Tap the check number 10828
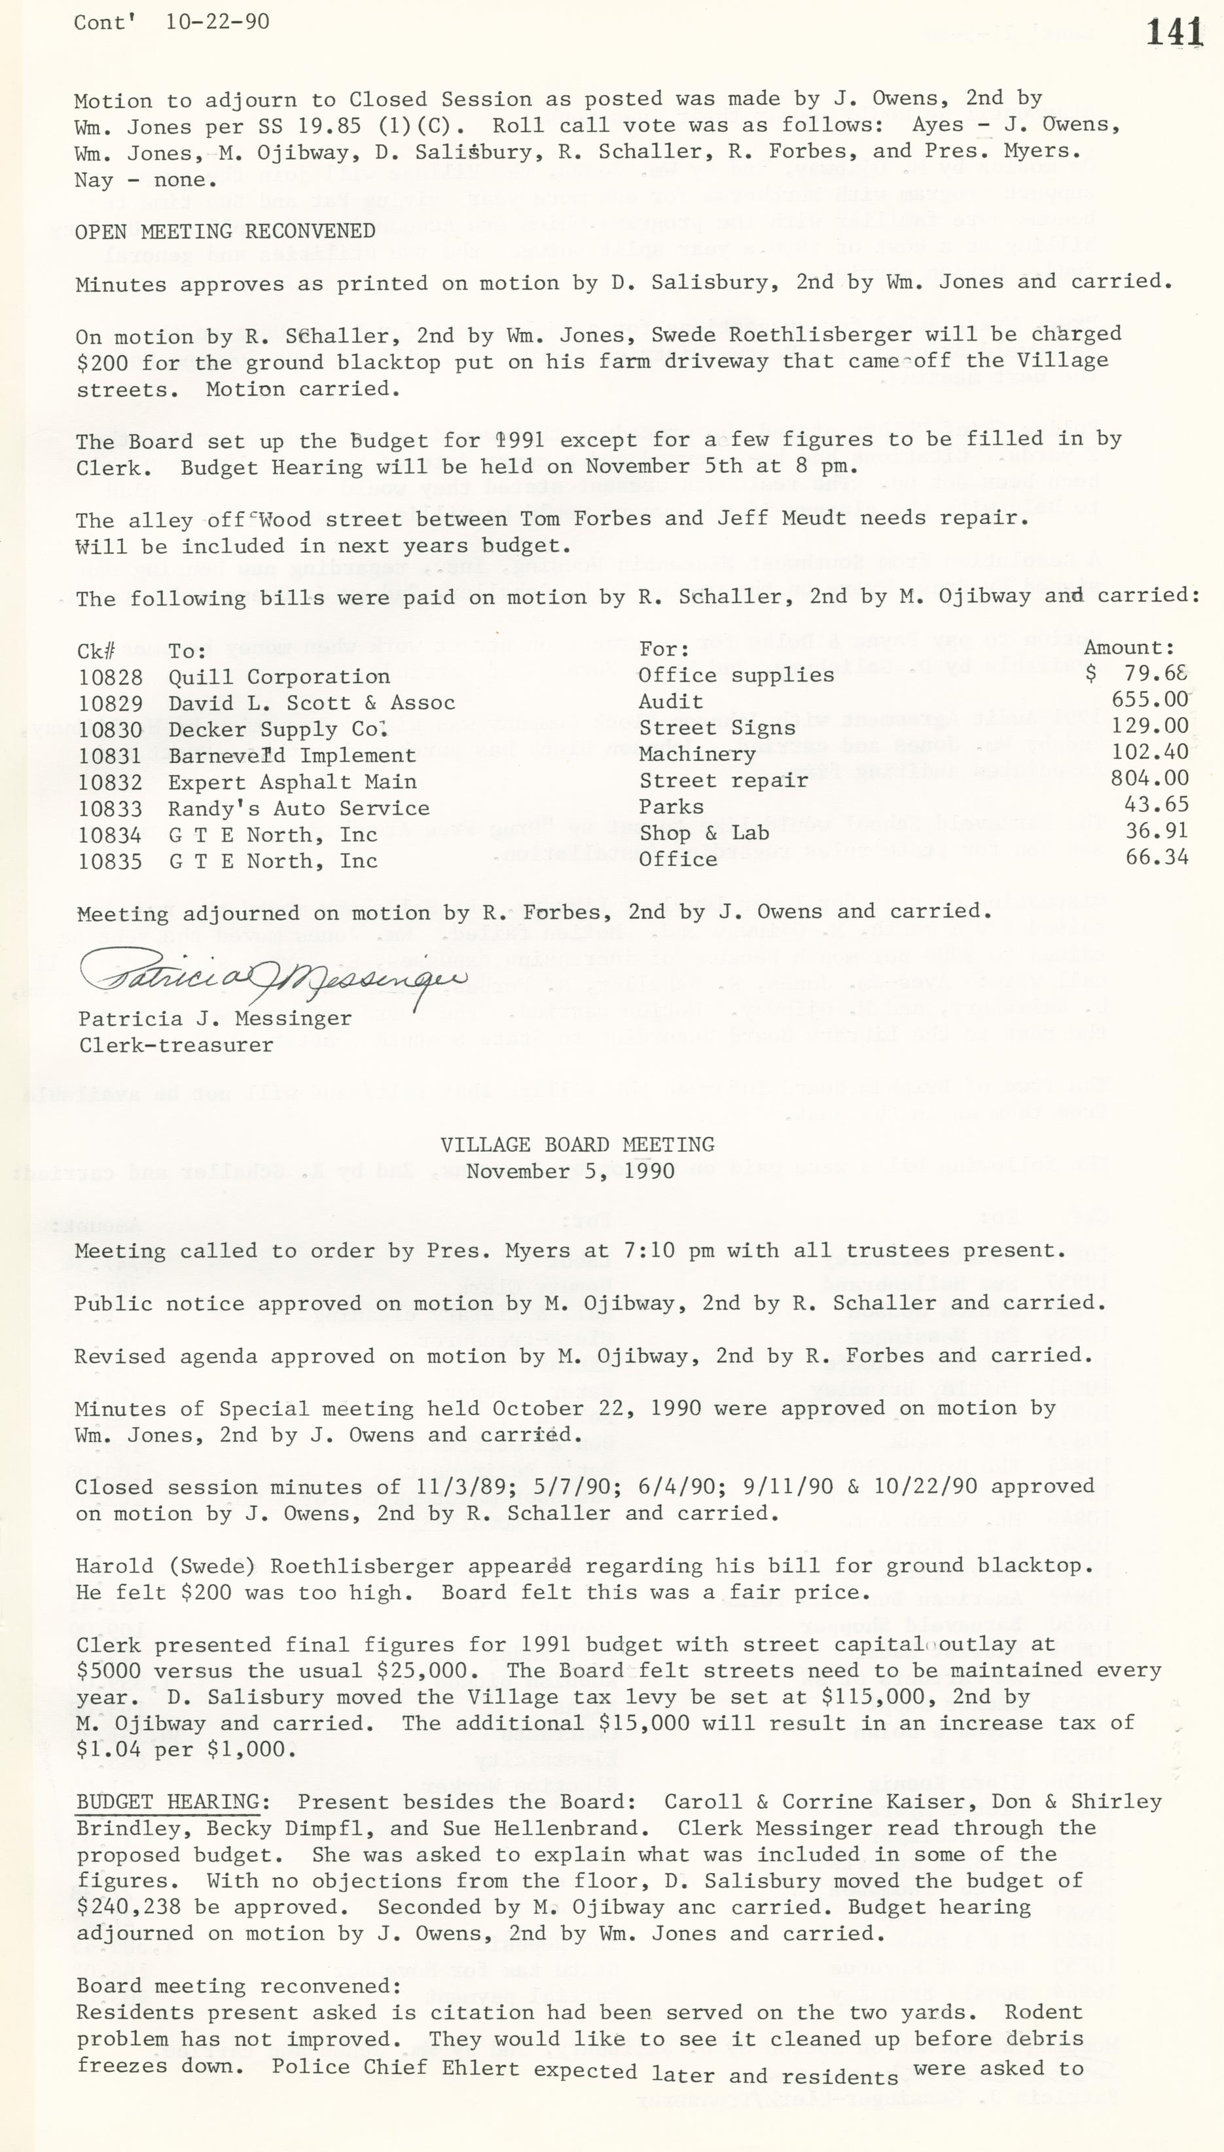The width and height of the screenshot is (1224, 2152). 110,677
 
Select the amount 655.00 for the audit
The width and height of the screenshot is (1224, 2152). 1149,699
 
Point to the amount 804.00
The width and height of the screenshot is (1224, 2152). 1149,779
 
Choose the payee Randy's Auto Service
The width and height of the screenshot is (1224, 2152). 298,808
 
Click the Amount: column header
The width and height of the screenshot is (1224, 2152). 1128,648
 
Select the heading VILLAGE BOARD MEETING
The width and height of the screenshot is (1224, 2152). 577,1145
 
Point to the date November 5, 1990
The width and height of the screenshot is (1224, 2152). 570,1172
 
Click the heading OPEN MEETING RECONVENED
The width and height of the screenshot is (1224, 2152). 225,231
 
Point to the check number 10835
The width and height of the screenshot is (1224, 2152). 110,861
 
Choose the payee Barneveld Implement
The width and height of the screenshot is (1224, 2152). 292,756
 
